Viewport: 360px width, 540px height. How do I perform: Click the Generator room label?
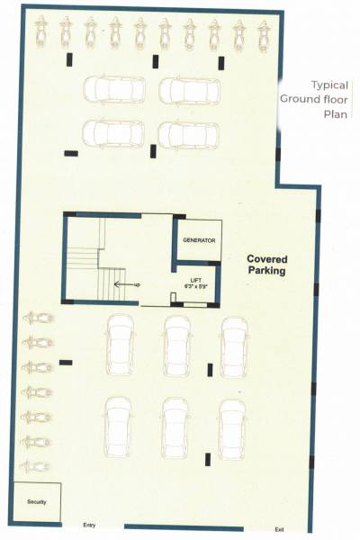[197, 241]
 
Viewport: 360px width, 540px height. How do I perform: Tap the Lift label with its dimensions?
[195, 283]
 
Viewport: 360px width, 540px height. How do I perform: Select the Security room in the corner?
[37, 501]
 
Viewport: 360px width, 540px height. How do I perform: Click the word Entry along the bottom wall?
[89, 525]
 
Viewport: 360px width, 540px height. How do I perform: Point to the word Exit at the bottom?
[279, 529]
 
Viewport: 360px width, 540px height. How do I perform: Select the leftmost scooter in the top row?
[40, 34]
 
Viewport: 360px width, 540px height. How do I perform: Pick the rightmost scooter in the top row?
[264, 34]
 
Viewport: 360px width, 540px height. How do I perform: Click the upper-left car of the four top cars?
[114, 88]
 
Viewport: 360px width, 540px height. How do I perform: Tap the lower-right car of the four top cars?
[189, 133]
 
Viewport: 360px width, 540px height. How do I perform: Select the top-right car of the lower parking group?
[234, 346]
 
